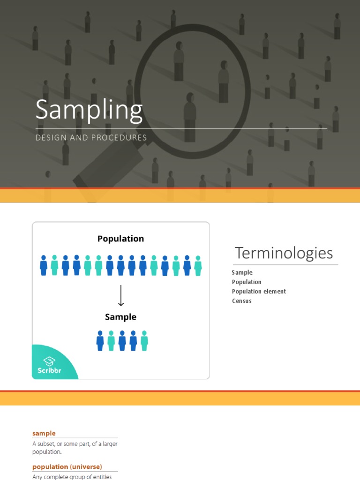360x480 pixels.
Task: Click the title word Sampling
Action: (x=89, y=111)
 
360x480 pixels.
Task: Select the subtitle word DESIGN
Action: (x=50, y=138)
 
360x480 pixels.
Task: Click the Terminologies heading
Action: (x=284, y=253)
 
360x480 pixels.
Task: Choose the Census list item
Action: (x=241, y=301)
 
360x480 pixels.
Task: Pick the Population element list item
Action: (x=259, y=292)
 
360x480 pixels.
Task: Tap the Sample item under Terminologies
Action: (x=242, y=272)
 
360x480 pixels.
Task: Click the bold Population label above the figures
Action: (x=120, y=239)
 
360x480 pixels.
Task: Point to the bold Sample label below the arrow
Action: (x=120, y=317)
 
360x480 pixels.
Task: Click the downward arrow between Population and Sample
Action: (x=121, y=295)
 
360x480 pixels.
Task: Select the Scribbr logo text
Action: (x=50, y=371)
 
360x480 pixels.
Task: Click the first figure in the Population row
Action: (x=44, y=265)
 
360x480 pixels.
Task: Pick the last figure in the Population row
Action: (x=198, y=265)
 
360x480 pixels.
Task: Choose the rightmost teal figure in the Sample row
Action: (x=144, y=341)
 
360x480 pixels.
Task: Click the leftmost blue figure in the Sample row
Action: (x=100, y=341)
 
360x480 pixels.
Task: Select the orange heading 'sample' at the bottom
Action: (x=44, y=434)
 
